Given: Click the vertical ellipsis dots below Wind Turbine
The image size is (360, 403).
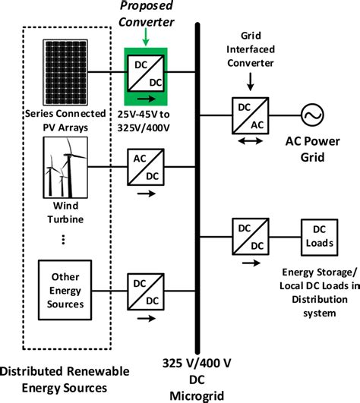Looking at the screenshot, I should pyautogui.click(x=64, y=239).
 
